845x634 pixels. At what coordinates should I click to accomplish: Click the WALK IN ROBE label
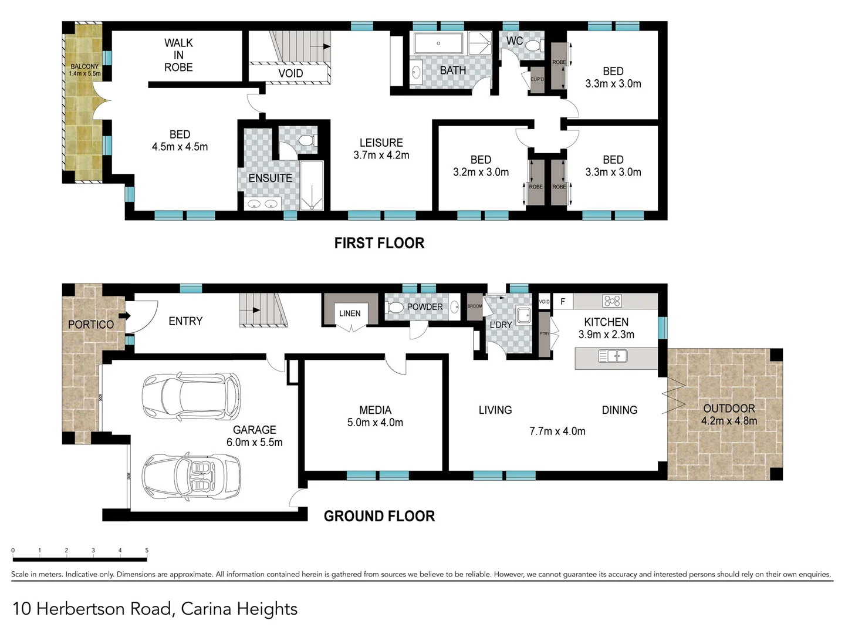tap(178, 55)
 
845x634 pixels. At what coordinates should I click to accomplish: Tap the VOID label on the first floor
tap(290, 73)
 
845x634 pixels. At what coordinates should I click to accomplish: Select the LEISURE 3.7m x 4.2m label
tap(381, 149)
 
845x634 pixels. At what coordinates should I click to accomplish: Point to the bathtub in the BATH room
tap(438, 43)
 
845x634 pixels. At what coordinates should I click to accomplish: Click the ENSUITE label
tap(270, 178)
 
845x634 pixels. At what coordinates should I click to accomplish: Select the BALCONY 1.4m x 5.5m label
tap(84, 70)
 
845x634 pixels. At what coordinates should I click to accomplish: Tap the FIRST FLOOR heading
tap(379, 243)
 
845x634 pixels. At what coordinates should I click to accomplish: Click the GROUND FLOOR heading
tap(379, 516)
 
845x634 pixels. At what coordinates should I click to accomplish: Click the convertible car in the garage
tap(191, 475)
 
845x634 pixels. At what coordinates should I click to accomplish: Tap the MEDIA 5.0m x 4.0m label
tap(375, 416)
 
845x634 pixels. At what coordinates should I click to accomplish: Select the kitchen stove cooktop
tap(611, 301)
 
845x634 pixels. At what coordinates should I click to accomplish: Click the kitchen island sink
tap(612, 356)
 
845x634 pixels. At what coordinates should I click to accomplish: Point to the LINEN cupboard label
tap(350, 313)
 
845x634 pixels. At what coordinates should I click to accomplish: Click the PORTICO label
tap(90, 325)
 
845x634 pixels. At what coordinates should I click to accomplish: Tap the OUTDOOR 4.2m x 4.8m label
tap(729, 414)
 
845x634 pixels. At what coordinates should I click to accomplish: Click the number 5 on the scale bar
tap(147, 551)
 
